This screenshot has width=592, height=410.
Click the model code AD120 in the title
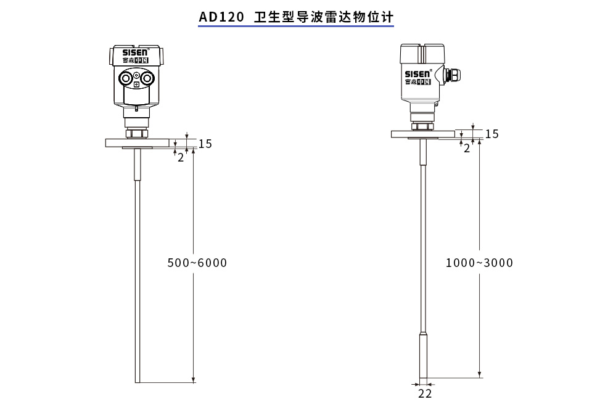click(221, 17)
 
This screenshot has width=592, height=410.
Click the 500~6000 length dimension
click(197, 263)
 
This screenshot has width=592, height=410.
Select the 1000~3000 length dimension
click(479, 263)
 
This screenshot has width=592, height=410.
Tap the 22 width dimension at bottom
click(425, 393)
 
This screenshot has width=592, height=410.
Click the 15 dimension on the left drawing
click(205, 144)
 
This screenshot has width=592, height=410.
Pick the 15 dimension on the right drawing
click(491, 134)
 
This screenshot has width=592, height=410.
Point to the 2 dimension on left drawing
click(181, 157)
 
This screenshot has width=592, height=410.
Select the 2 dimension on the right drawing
click(467, 148)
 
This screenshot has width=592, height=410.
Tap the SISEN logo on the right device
click(418, 74)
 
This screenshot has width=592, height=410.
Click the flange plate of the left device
click(137, 142)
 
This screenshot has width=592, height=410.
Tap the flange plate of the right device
click(422, 133)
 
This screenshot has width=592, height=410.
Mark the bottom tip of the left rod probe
click(137, 382)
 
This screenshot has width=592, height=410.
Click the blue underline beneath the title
click(295, 27)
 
